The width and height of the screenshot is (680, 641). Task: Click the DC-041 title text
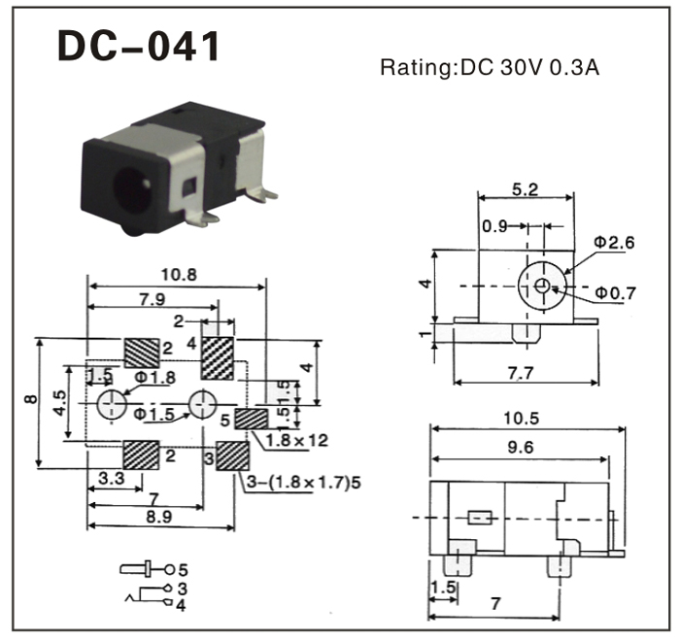tap(138, 46)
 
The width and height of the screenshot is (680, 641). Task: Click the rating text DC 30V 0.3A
tap(495, 69)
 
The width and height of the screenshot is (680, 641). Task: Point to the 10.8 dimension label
tap(179, 275)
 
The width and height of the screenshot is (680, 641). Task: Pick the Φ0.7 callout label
tap(616, 291)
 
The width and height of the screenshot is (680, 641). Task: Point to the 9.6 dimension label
tap(521, 449)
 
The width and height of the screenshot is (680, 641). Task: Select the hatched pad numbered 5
tap(253, 419)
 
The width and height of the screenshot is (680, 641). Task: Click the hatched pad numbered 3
tap(231, 455)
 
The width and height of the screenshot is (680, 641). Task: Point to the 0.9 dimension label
tap(493, 228)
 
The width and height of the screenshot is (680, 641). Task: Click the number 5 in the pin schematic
tap(182, 567)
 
